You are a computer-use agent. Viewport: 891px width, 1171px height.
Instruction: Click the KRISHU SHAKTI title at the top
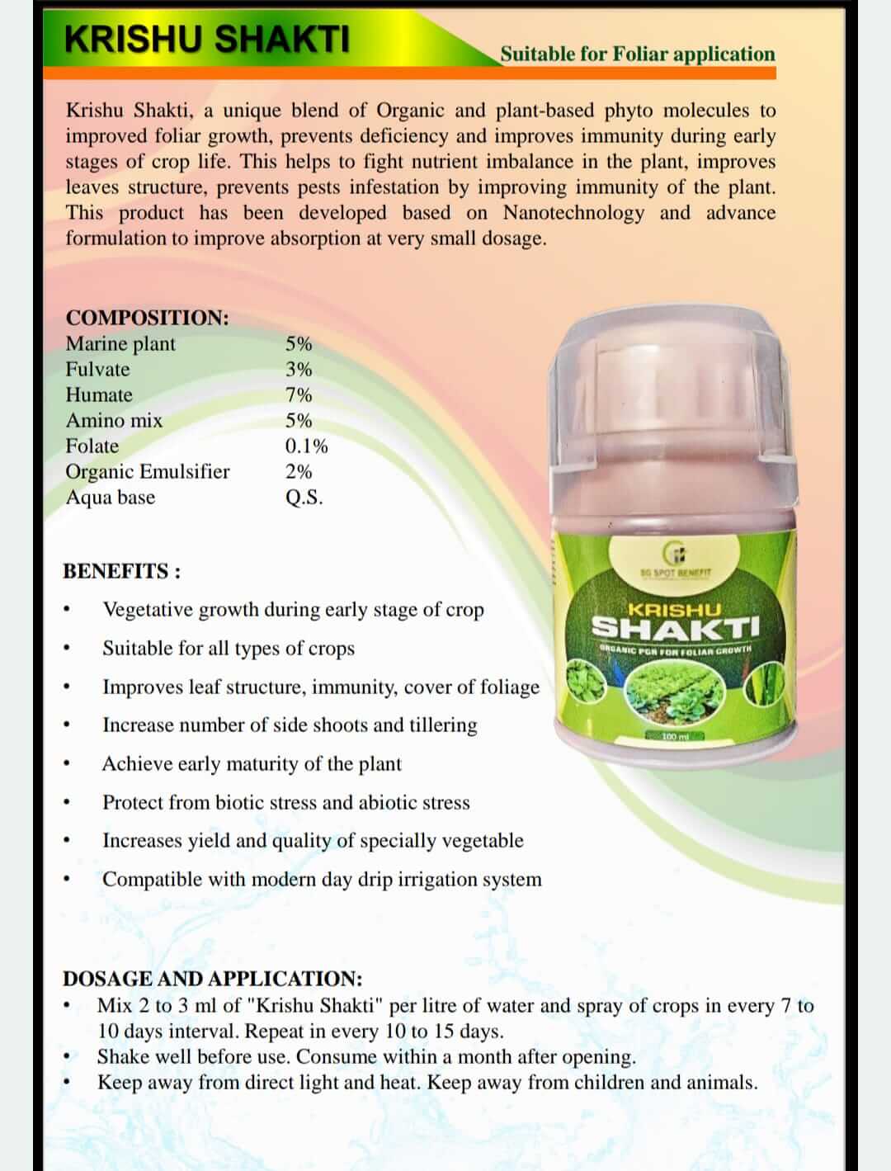206,40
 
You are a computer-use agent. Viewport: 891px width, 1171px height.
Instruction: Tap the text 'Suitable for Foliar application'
637,54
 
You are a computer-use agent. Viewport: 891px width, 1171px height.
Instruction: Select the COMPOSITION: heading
147,318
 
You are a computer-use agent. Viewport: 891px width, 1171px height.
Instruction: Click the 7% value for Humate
299,394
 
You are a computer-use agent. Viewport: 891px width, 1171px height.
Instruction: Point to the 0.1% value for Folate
306,446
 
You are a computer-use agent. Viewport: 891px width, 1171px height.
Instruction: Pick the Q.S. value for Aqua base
304,497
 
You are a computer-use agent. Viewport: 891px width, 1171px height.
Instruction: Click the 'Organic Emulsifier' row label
148,471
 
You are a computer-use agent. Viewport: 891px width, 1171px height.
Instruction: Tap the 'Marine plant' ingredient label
120,343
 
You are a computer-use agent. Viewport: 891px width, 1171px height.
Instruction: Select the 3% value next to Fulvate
299,369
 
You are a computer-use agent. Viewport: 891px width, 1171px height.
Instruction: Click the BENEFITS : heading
121,571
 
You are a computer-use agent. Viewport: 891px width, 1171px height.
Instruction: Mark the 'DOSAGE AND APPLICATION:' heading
212,979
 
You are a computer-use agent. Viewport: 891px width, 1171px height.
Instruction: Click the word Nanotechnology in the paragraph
573,213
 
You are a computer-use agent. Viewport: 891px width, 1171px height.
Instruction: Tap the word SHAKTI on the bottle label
676,628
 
